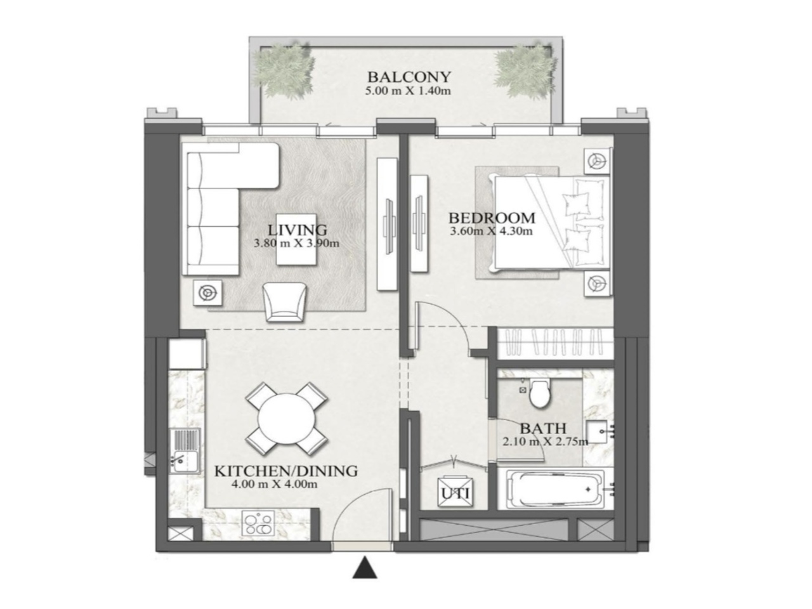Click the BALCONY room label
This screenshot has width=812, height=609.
[x=409, y=77]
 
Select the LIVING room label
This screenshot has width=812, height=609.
[x=297, y=230]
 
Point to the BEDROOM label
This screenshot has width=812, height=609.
[x=492, y=218]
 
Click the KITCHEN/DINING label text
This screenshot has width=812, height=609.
[x=285, y=471]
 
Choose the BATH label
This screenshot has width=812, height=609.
[x=542, y=428]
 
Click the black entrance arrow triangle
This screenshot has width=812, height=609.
[x=365, y=568]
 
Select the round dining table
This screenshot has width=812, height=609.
[x=287, y=419]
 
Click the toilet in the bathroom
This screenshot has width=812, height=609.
[x=540, y=393]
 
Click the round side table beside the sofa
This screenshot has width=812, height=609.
[x=207, y=292]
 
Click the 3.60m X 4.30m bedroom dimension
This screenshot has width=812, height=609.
[x=491, y=231]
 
